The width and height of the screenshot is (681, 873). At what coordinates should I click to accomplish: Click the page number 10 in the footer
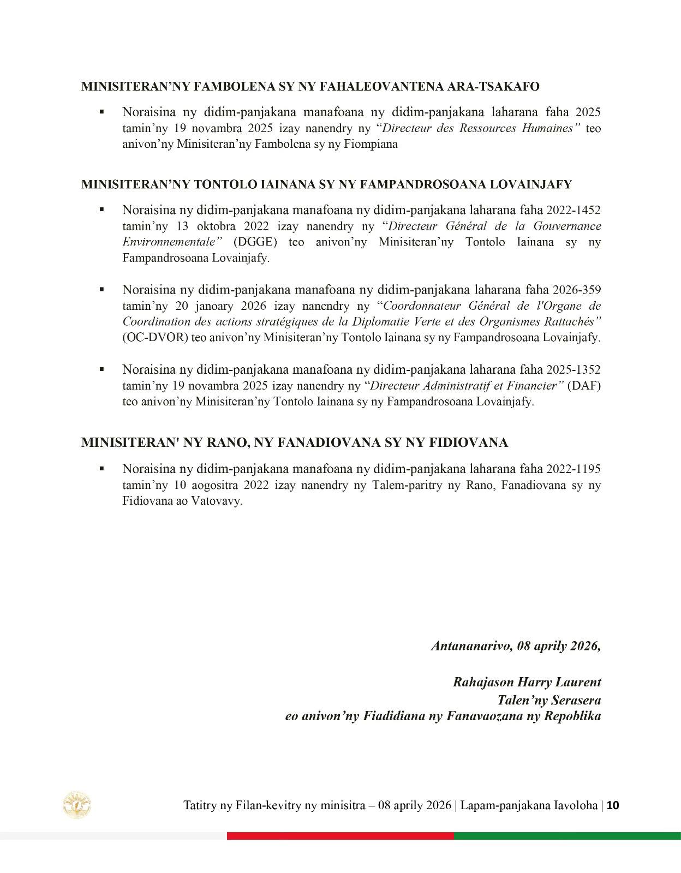[x=613, y=805]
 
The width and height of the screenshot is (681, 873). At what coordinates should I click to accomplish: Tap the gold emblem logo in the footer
[x=77, y=805]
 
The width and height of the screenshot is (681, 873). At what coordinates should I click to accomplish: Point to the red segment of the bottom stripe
[x=340, y=836]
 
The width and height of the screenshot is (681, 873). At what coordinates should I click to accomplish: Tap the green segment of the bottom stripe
[x=567, y=836]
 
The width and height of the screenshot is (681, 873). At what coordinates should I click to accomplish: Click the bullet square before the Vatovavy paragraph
[x=101, y=469]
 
